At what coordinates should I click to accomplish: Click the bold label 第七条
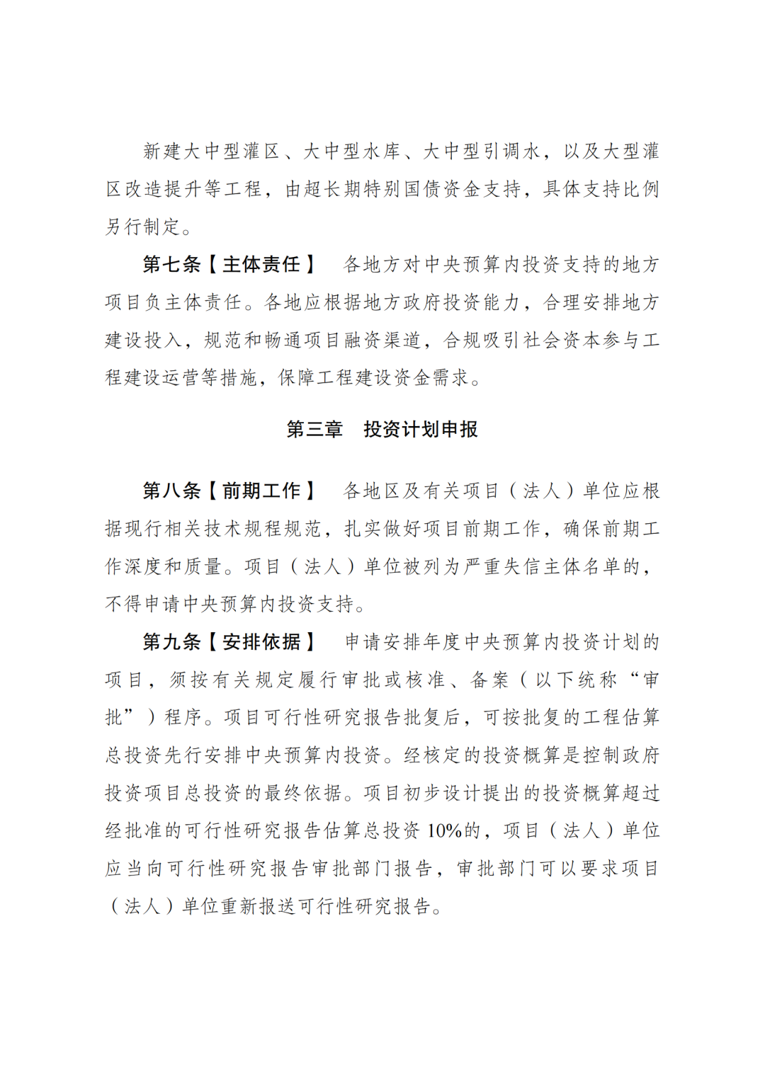(x=171, y=265)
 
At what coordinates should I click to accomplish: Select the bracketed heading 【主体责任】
(x=261, y=265)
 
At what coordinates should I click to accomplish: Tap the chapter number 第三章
(x=314, y=430)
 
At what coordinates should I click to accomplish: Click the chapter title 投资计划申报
(x=421, y=430)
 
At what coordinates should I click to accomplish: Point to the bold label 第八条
(x=171, y=491)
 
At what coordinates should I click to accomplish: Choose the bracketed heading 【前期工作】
(x=261, y=491)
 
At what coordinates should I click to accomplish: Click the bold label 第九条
(x=171, y=642)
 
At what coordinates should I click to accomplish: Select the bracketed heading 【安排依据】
(x=261, y=642)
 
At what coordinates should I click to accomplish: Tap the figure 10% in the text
(x=444, y=831)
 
